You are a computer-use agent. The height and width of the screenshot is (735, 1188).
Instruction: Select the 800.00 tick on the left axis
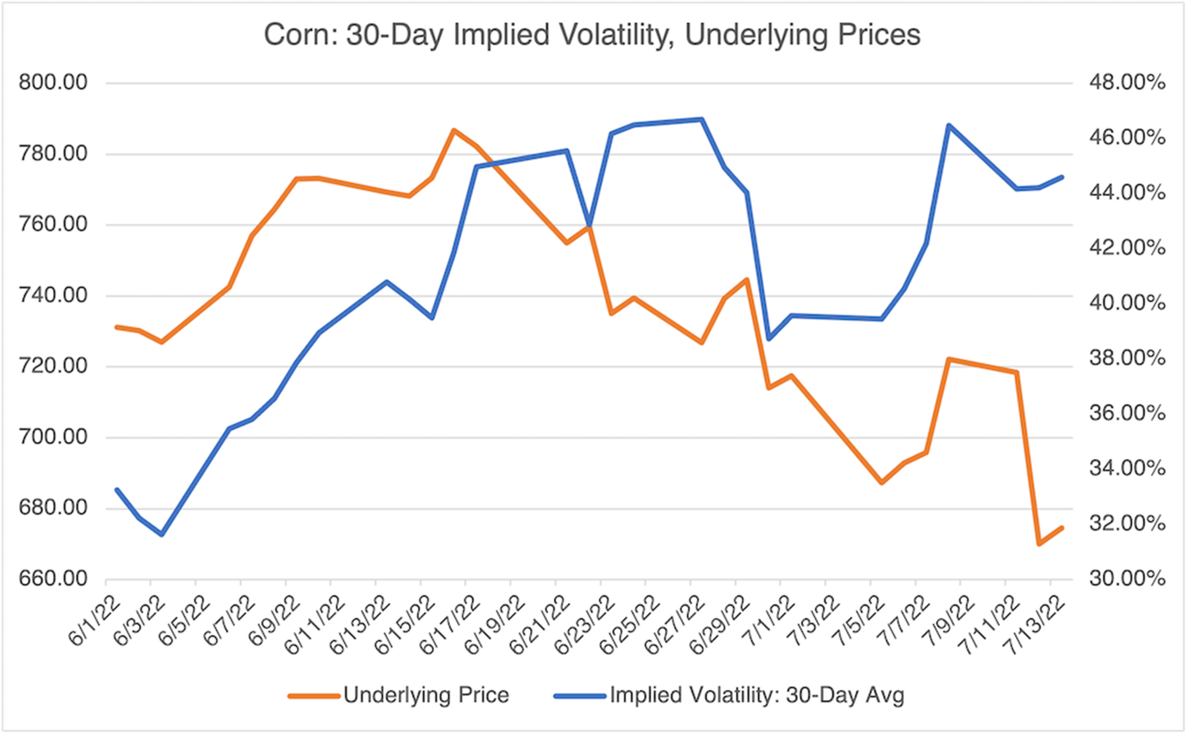53,83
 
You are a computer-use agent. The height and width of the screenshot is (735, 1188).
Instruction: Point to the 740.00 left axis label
53,296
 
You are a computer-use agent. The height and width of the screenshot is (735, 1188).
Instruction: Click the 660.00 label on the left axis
53,579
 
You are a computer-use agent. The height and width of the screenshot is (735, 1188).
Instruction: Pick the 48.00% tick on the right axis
1127,83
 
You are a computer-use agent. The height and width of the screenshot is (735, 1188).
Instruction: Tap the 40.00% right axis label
1127,303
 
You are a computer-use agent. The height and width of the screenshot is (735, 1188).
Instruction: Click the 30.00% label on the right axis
1127,579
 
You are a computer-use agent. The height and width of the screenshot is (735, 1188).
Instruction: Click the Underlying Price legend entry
426,695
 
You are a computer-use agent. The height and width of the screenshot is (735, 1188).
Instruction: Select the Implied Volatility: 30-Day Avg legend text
757,695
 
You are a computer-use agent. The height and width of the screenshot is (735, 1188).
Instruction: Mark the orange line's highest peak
454,131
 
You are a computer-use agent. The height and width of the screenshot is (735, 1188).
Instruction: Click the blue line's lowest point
162,535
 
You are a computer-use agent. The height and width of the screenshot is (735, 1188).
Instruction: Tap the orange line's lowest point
1039,544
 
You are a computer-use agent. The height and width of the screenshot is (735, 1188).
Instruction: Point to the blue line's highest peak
702,119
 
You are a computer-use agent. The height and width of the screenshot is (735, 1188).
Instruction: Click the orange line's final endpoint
1062,528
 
